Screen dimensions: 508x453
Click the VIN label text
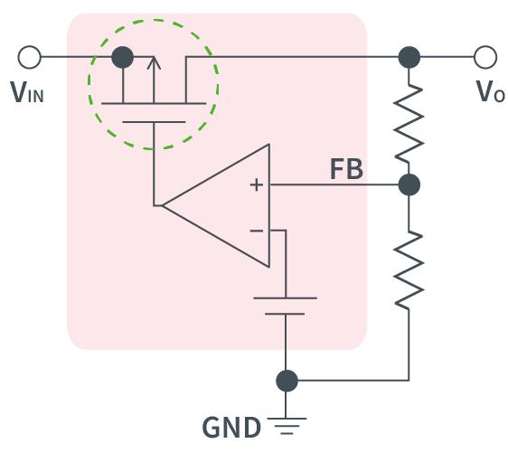point(27,92)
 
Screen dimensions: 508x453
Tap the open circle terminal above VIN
point(30,57)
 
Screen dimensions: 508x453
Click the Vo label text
point(490,91)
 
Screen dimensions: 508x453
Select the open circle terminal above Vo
point(485,57)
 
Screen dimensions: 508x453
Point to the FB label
point(346,169)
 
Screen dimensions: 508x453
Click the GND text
point(231,428)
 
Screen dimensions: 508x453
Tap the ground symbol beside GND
point(287,426)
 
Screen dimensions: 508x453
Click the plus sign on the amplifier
point(257,185)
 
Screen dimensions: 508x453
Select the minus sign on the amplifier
point(257,231)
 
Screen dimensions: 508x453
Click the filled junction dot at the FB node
point(409,184)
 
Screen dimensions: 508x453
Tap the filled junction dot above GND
point(287,381)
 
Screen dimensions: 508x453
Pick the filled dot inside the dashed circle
point(122,57)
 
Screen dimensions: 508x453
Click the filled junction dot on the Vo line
point(409,57)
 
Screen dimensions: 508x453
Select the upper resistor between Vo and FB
point(409,123)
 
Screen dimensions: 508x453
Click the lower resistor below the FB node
point(409,269)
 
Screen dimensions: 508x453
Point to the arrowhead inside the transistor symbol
point(154,63)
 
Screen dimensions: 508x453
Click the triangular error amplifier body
point(216,206)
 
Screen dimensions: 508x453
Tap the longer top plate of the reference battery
point(285,297)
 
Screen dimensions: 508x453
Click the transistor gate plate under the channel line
point(154,122)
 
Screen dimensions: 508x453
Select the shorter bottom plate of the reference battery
point(285,314)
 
